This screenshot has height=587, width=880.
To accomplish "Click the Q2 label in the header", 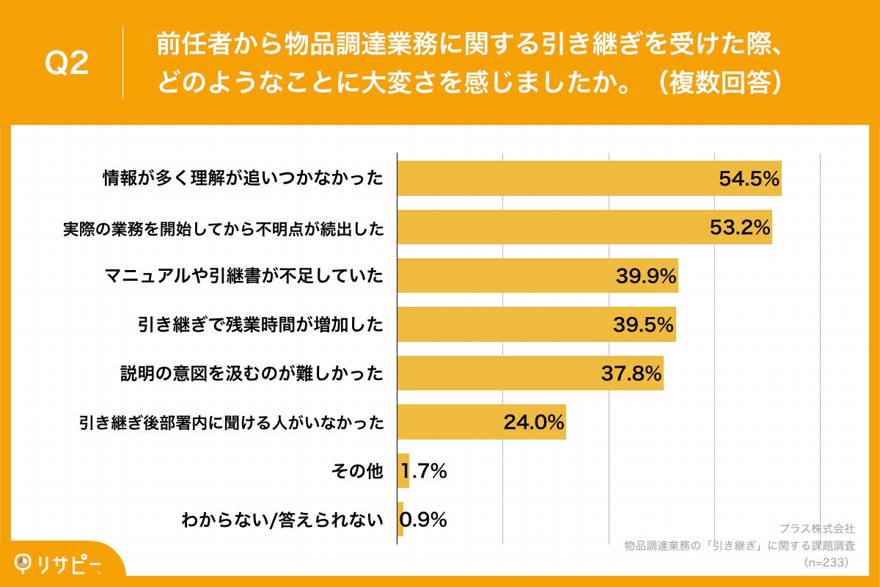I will tap(67, 64).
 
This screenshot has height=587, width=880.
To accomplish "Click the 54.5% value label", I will tap(748, 179).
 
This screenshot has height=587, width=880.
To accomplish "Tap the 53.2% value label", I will tap(740, 227).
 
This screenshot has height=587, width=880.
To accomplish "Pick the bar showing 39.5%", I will tap(536, 324).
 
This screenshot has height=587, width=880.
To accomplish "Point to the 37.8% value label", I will tap(631, 373).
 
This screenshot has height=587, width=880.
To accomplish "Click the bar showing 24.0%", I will tap(481, 422).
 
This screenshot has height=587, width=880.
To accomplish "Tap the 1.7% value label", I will tap(424, 471).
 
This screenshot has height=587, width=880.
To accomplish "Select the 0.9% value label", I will tap(423, 520).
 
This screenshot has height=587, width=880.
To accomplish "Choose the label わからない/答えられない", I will tap(282, 520).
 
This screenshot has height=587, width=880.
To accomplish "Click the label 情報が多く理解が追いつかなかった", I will tap(243, 179).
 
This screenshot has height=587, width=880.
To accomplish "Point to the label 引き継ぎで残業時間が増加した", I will tap(260, 324).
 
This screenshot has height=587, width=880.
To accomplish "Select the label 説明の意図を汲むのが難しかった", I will tap(252, 373).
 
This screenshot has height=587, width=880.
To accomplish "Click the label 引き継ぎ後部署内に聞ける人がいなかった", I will tap(232, 422).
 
